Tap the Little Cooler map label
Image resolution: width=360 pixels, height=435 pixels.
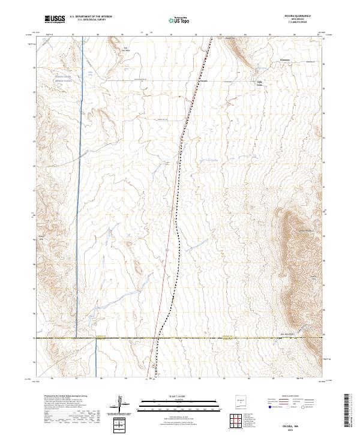(260, 83)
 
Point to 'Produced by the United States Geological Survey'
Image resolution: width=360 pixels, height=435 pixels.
(64, 397)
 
